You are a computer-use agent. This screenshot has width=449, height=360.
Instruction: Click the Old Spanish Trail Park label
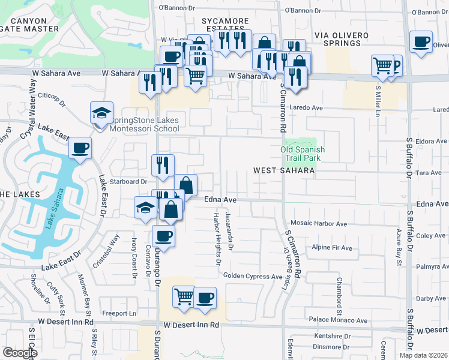tap(303, 154)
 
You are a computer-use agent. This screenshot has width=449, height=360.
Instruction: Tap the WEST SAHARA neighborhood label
tap(284, 171)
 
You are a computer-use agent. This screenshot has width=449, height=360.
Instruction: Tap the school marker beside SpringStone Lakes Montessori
tap(101, 113)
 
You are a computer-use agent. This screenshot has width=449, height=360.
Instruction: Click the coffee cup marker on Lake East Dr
tap(80, 148)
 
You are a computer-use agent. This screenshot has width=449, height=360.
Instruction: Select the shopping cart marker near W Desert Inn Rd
tap(184, 296)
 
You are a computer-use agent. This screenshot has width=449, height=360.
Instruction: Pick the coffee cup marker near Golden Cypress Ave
tap(205, 298)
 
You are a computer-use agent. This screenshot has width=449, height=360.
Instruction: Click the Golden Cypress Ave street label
tap(253, 277)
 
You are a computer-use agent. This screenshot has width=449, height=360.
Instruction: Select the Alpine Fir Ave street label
tap(333, 247)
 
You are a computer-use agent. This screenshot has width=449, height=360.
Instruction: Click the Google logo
tap(19, 353)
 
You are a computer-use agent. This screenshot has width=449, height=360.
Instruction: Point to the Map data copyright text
tap(423, 355)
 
